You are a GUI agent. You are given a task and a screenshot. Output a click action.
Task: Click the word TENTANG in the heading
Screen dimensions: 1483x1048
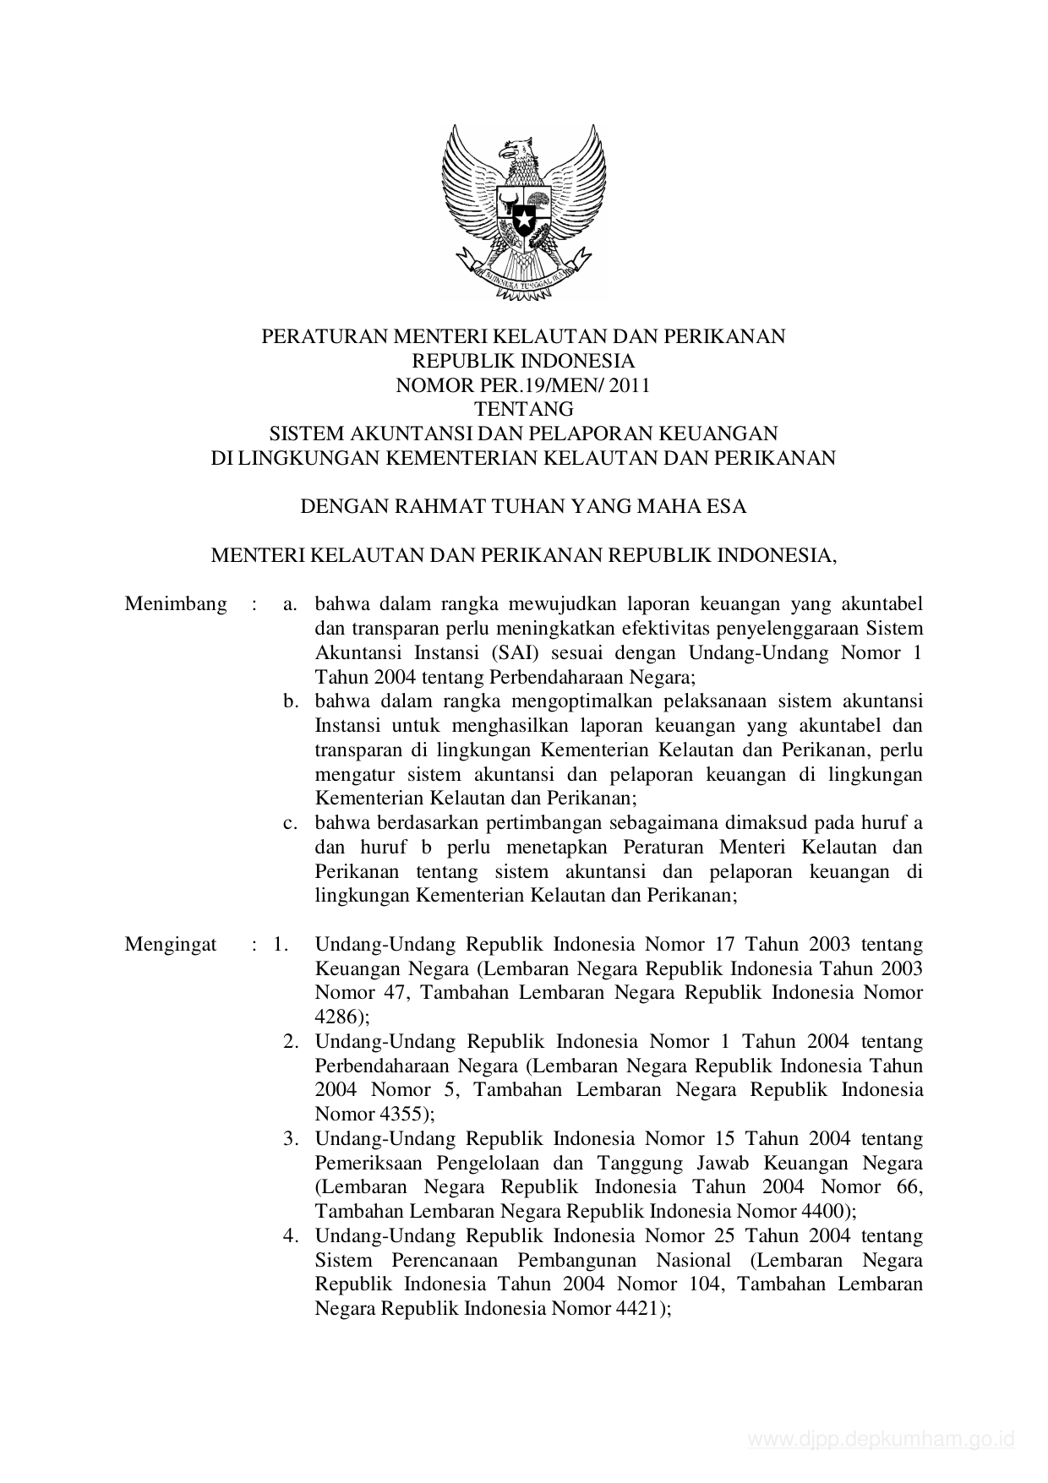pyautogui.click(x=524, y=410)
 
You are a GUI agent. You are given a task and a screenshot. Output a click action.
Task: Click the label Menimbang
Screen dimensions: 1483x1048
pyautogui.click(x=176, y=604)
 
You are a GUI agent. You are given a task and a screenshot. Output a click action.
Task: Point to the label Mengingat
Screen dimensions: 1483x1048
pyautogui.click(x=171, y=945)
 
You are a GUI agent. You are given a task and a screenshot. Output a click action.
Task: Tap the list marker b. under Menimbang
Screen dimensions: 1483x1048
pyautogui.click(x=292, y=701)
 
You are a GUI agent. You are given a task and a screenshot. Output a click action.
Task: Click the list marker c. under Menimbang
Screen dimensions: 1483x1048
pyautogui.click(x=292, y=823)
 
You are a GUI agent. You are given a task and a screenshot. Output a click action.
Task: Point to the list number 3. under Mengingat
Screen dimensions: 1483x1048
pyautogui.click(x=292, y=1139)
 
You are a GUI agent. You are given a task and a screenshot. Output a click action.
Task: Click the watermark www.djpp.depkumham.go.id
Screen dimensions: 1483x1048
pyautogui.click(x=881, y=1440)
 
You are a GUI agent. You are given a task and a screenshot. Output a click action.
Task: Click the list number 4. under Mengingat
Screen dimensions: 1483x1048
pyautogui.click(x=292, y=1236)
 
